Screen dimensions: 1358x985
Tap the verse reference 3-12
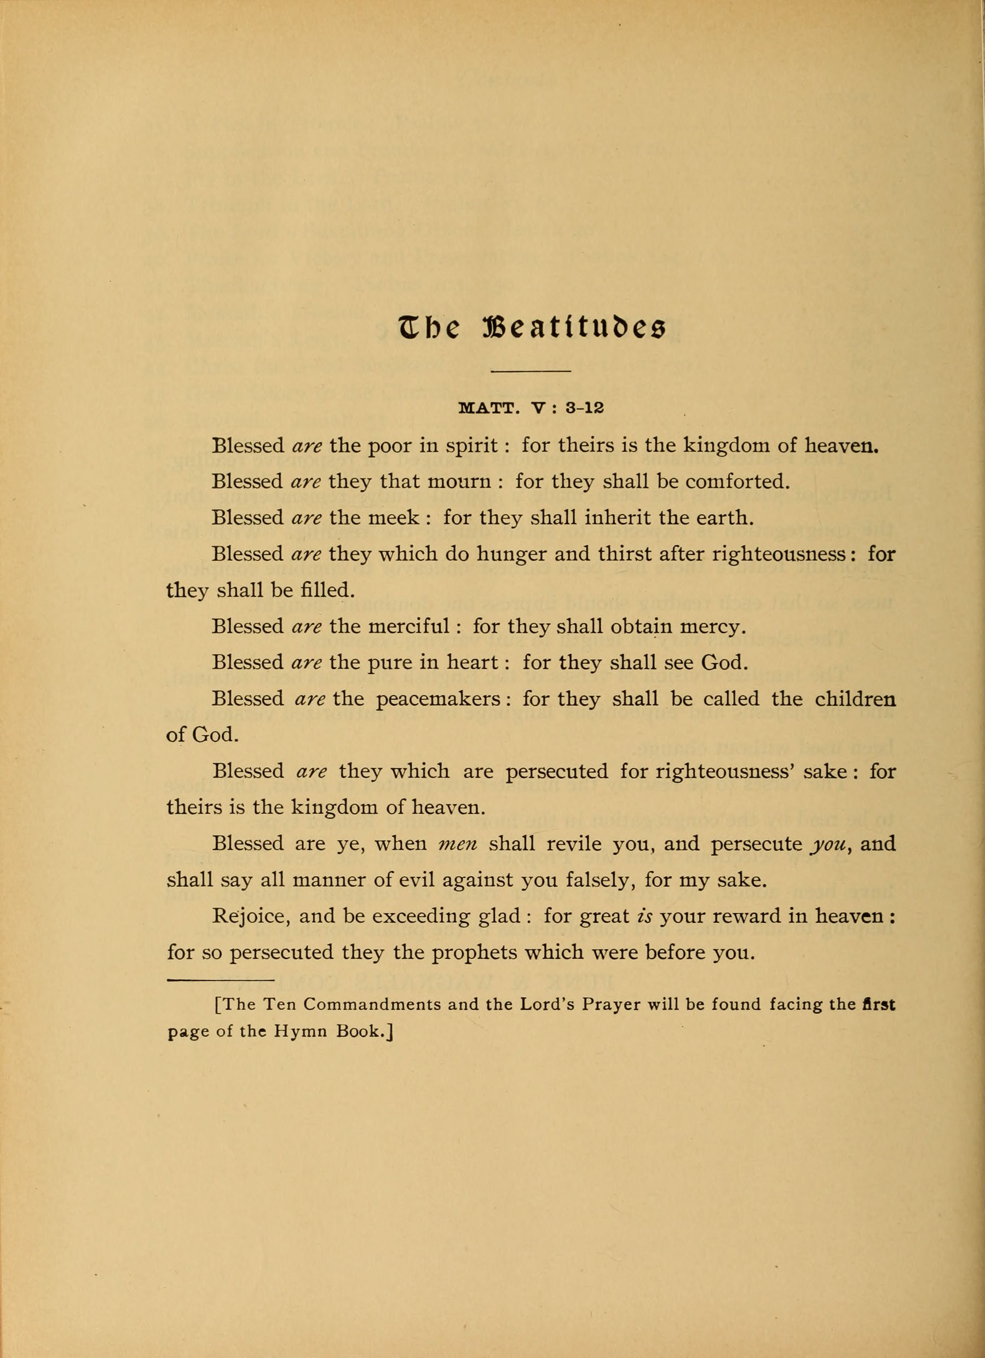click(x=584, y=408)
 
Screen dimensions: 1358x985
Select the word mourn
click(x=459, y=481)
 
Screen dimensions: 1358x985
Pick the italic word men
click(x=458, y=844)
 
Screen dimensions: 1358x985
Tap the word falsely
click(x=601, y=880)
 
